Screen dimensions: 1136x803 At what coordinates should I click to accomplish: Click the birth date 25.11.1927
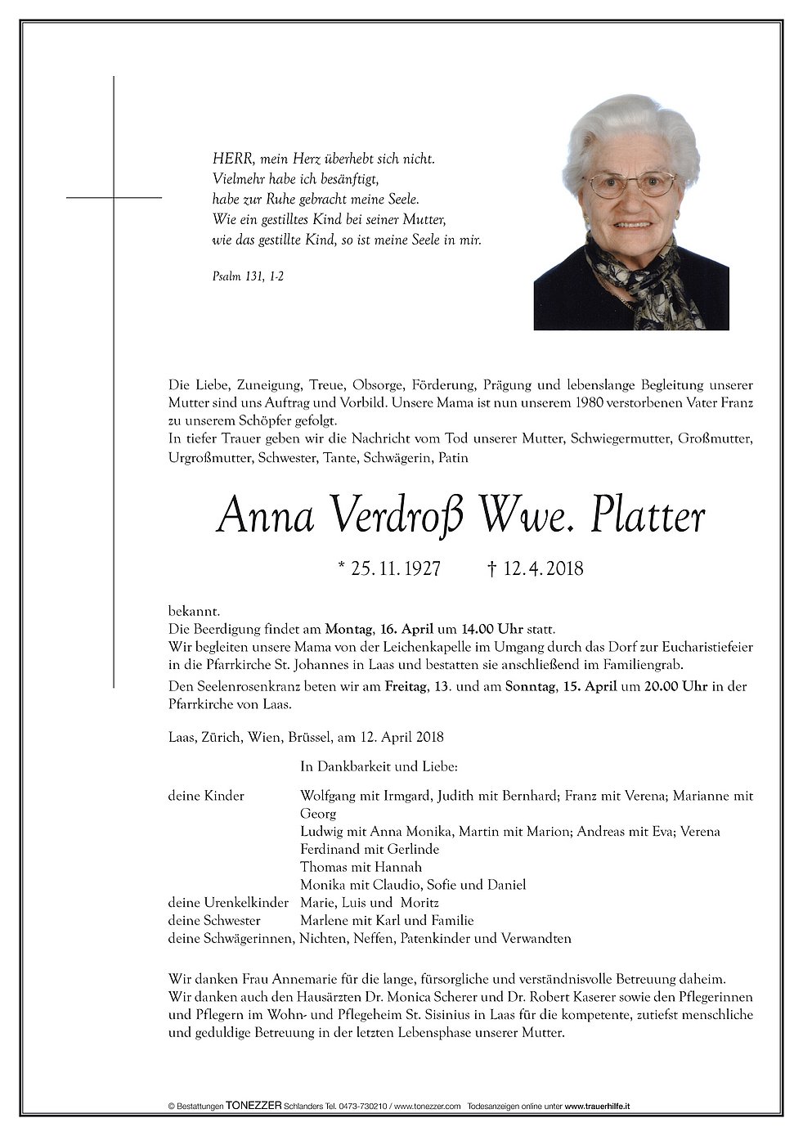[x=395, y=568]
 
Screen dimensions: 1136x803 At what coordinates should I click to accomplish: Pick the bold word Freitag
[x=406, y=686]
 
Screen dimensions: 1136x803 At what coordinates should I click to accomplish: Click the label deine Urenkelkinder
[x=228, y=902]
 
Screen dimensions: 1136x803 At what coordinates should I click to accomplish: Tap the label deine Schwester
[x=214, y=920]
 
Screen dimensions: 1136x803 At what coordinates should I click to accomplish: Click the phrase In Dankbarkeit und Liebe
[x=379, y=766]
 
